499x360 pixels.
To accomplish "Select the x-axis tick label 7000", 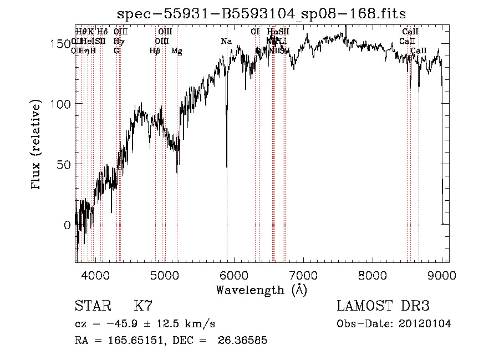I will [x=303, y=275].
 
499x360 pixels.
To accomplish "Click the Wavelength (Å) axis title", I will [x=261, y=290].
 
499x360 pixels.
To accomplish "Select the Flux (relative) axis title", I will [x=37, y=145].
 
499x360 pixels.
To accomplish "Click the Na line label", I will [x=226, y=42].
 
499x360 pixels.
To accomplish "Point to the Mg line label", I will [x=177, y=51].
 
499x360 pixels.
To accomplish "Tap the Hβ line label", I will [x=155, y=51].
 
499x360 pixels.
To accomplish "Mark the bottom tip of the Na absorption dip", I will [x=227, y=166].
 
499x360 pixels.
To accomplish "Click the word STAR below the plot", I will [x=93, y=306].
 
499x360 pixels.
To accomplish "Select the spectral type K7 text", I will [x=143, y=306].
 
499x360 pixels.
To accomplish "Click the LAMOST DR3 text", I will [x=383, y=306].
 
